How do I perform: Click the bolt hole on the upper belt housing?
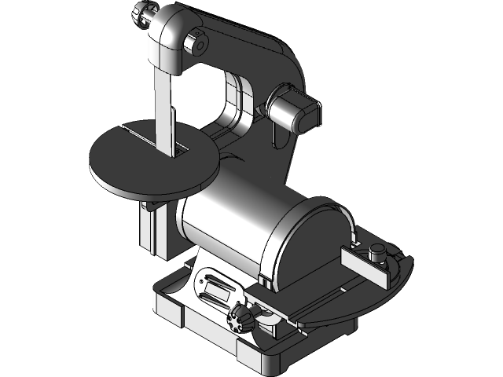click(x=196, y=46)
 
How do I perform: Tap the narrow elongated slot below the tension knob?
click(x=279, y=141)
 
